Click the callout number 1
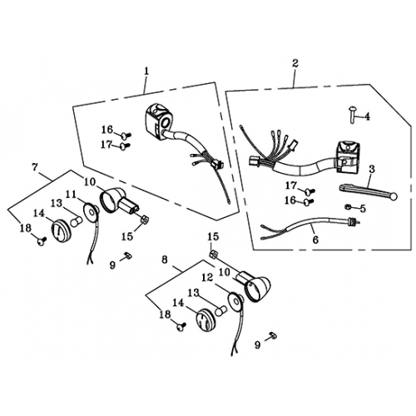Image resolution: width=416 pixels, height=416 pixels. point(146,72)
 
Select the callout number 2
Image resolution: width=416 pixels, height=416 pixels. point(295,63)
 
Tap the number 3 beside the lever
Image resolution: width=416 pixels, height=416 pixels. point(372,169)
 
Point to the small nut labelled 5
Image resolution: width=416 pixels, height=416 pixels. point(347,206)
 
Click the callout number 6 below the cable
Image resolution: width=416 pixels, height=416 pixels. point(316,240)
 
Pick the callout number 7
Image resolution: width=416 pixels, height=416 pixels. point(35,167)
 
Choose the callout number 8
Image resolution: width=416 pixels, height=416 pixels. point(165,260)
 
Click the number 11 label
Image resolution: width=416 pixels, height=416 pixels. point(72,195)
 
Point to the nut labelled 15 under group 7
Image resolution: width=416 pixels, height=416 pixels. point(145,219)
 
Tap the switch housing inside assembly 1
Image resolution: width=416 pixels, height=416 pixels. point(157,121)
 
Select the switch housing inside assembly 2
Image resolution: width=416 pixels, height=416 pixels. point(346,156)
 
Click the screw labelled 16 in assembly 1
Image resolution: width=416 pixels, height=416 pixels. point(126,136)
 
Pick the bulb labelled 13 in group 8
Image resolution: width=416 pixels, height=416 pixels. point(222,310)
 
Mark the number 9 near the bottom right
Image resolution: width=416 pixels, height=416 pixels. point(258,345)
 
